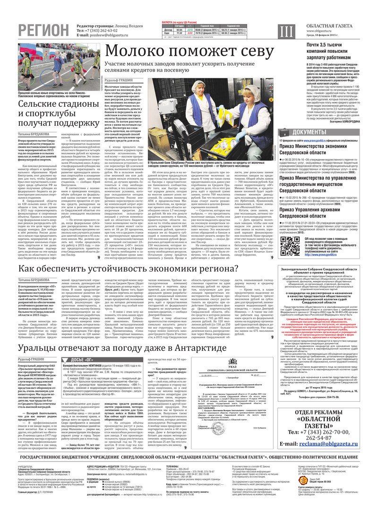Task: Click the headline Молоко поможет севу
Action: point(189,52)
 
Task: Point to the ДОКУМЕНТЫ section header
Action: point(314,132)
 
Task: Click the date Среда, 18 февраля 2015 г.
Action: point(327,35)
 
